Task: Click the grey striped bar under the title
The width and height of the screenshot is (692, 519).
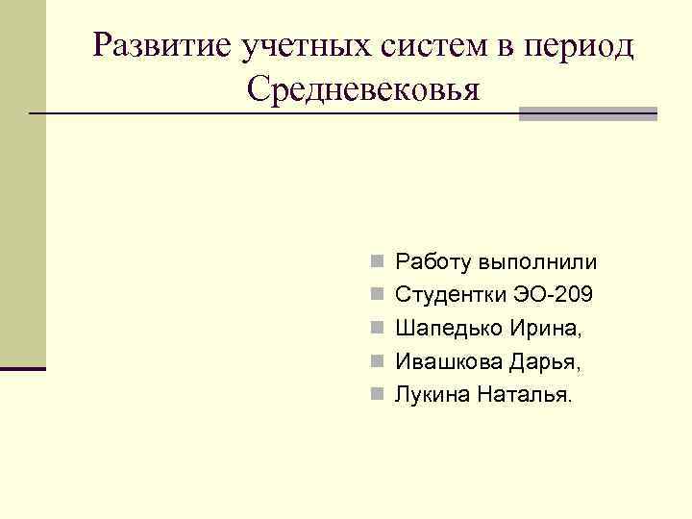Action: (588, 113)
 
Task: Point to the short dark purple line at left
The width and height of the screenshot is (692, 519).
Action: (23, 369)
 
